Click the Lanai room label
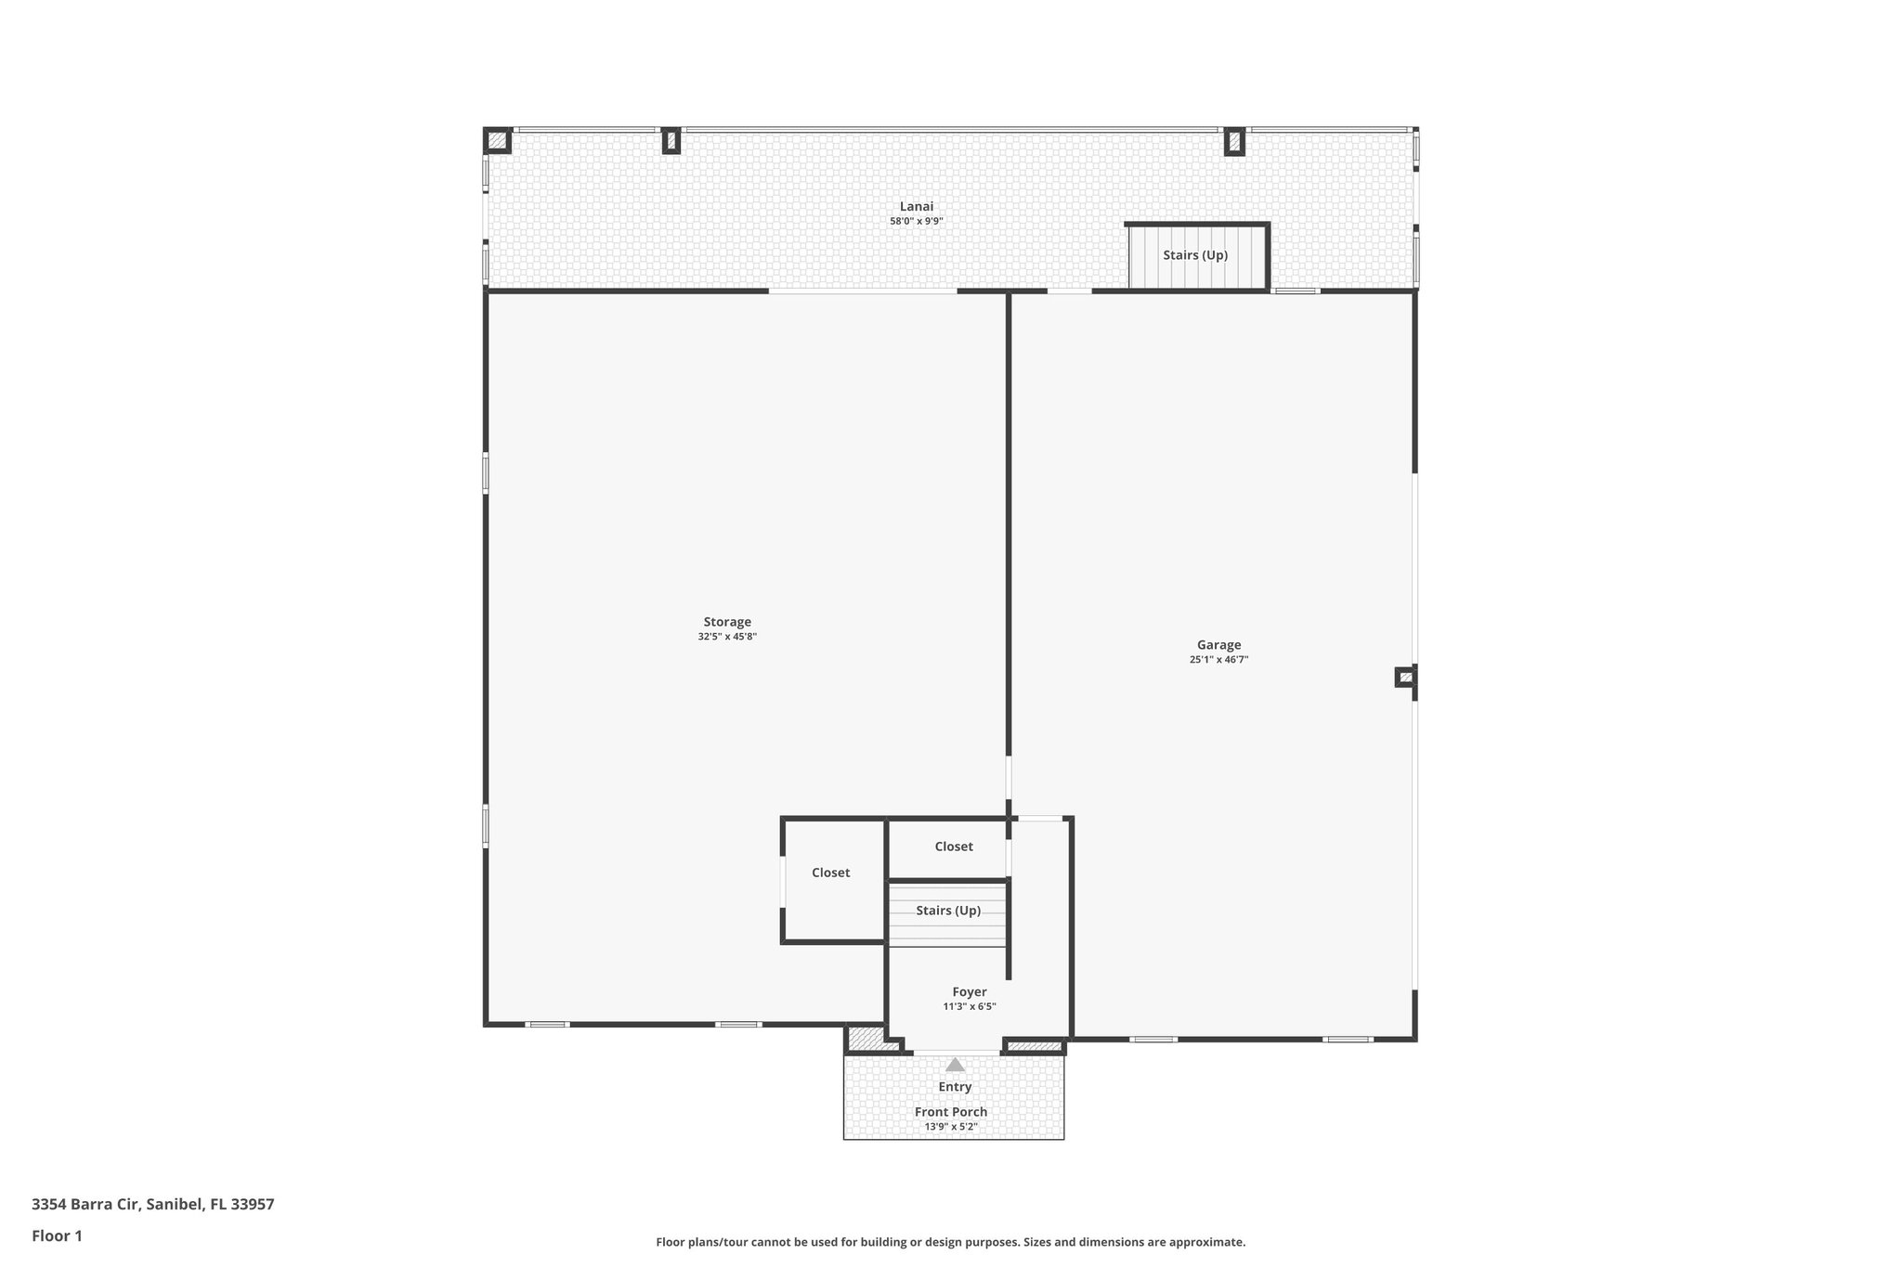click(x=916, y=206)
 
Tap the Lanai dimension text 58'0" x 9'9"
click(x=916, y=222)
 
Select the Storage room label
click(x=727, y=622)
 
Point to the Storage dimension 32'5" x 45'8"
click(x=727, y=637)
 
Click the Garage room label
click(x=1218, y=645)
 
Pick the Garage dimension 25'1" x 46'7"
click(x=1218, y=660)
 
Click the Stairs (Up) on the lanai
click(x=1195, y=255)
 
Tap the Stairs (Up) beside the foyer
click(x=947, y=911)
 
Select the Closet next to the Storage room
click(x=830, y=873)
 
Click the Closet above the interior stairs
click(x=953, y=847)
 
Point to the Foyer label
click(x=969, y=992)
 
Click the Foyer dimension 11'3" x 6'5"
click(x=969, y=1007)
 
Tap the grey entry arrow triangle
click(x=955, y=1065)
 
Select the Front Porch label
click(x=951, y=1112)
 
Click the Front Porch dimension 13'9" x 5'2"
click(x=951, y=1127)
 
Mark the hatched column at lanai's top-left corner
click(x=498, y=140)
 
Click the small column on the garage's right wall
click(x=1405, y=677)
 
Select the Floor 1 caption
click(x=57, y=1235)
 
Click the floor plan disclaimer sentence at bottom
click(x=950, y=1242)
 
